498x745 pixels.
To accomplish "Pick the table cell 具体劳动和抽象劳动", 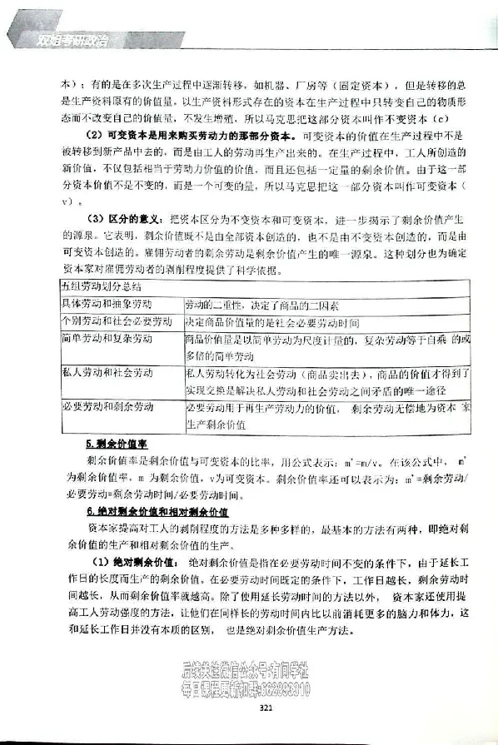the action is pyautogui.click(x=107, y=304).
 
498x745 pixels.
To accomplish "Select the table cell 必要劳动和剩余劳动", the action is pyautogui.click(x=107, y=407).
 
